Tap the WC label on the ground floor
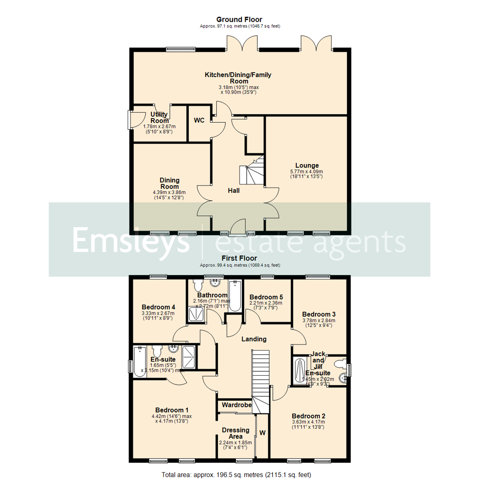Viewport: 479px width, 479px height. tap(199, 121)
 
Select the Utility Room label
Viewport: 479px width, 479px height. tap(159, 118)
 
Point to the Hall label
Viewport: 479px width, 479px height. tap(234, 190)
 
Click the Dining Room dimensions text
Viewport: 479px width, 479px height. tap(169, 195)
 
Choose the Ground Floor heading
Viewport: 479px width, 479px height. tap(239, 20)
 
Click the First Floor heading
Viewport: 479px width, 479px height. tap(239, 258)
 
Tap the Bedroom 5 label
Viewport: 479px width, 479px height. tap(266, 297)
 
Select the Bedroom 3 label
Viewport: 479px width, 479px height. tap(318, 312)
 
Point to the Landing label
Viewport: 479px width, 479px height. tap(254, 339)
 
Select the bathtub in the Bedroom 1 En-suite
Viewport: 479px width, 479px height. tap(140, 361)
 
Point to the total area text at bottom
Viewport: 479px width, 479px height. tap(239, 475)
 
